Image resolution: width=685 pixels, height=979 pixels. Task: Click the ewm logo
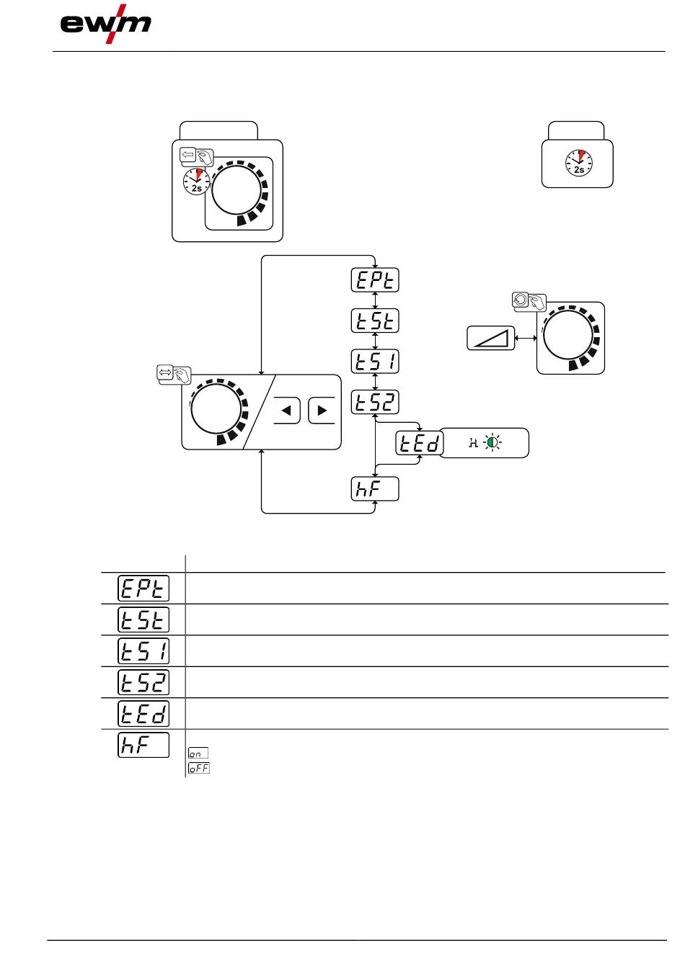106,24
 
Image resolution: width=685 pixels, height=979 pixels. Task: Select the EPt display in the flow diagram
375,280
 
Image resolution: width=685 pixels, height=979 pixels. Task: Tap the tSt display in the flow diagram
375,321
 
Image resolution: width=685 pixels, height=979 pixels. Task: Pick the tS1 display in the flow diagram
375,361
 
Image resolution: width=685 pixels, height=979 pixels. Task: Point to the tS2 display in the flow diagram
375,402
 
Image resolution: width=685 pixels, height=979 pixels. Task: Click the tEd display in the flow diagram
420,443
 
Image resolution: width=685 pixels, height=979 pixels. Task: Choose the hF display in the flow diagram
375,488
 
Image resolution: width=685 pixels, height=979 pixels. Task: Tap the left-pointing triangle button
287,411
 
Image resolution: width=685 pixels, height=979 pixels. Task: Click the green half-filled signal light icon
492,443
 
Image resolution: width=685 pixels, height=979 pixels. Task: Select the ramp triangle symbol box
491,338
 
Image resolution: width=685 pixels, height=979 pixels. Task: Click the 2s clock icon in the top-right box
579,163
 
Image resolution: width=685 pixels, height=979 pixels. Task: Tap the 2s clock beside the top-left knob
196,182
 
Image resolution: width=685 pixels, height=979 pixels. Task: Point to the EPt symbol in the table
143,589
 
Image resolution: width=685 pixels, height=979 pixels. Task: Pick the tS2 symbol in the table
143,682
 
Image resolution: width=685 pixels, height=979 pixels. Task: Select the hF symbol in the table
143,745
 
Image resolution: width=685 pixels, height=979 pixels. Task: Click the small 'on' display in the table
198,753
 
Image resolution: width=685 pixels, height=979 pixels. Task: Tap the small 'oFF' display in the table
199,768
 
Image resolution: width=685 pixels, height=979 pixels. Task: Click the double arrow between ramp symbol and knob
526,338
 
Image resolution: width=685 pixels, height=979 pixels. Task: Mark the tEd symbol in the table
143,714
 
